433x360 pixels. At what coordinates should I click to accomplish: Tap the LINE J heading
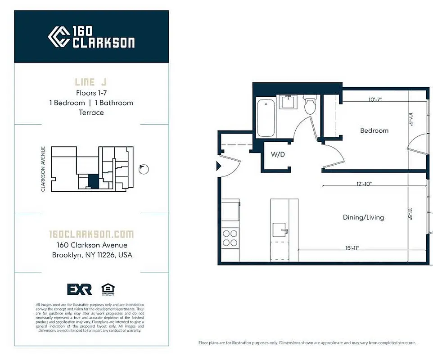click(91, 82)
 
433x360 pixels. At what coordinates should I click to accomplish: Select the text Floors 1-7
click(91, 93)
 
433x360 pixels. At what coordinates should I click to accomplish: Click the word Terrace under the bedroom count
click(91, 112)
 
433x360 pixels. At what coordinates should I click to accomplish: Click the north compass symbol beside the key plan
click(144, 169)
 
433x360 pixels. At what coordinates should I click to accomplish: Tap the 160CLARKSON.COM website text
click(91, 234)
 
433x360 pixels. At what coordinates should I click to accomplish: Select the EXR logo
click(79, 289)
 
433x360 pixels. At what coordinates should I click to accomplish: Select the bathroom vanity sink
click(286, 103)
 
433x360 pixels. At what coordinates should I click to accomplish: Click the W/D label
click(277, 154)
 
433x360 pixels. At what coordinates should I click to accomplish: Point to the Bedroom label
click(374, 130)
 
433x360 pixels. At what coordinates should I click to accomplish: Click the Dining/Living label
click(363, 217)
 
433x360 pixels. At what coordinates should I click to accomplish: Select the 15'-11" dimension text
click(352, 247)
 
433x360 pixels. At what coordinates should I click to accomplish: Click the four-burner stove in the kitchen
click(230, 238)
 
